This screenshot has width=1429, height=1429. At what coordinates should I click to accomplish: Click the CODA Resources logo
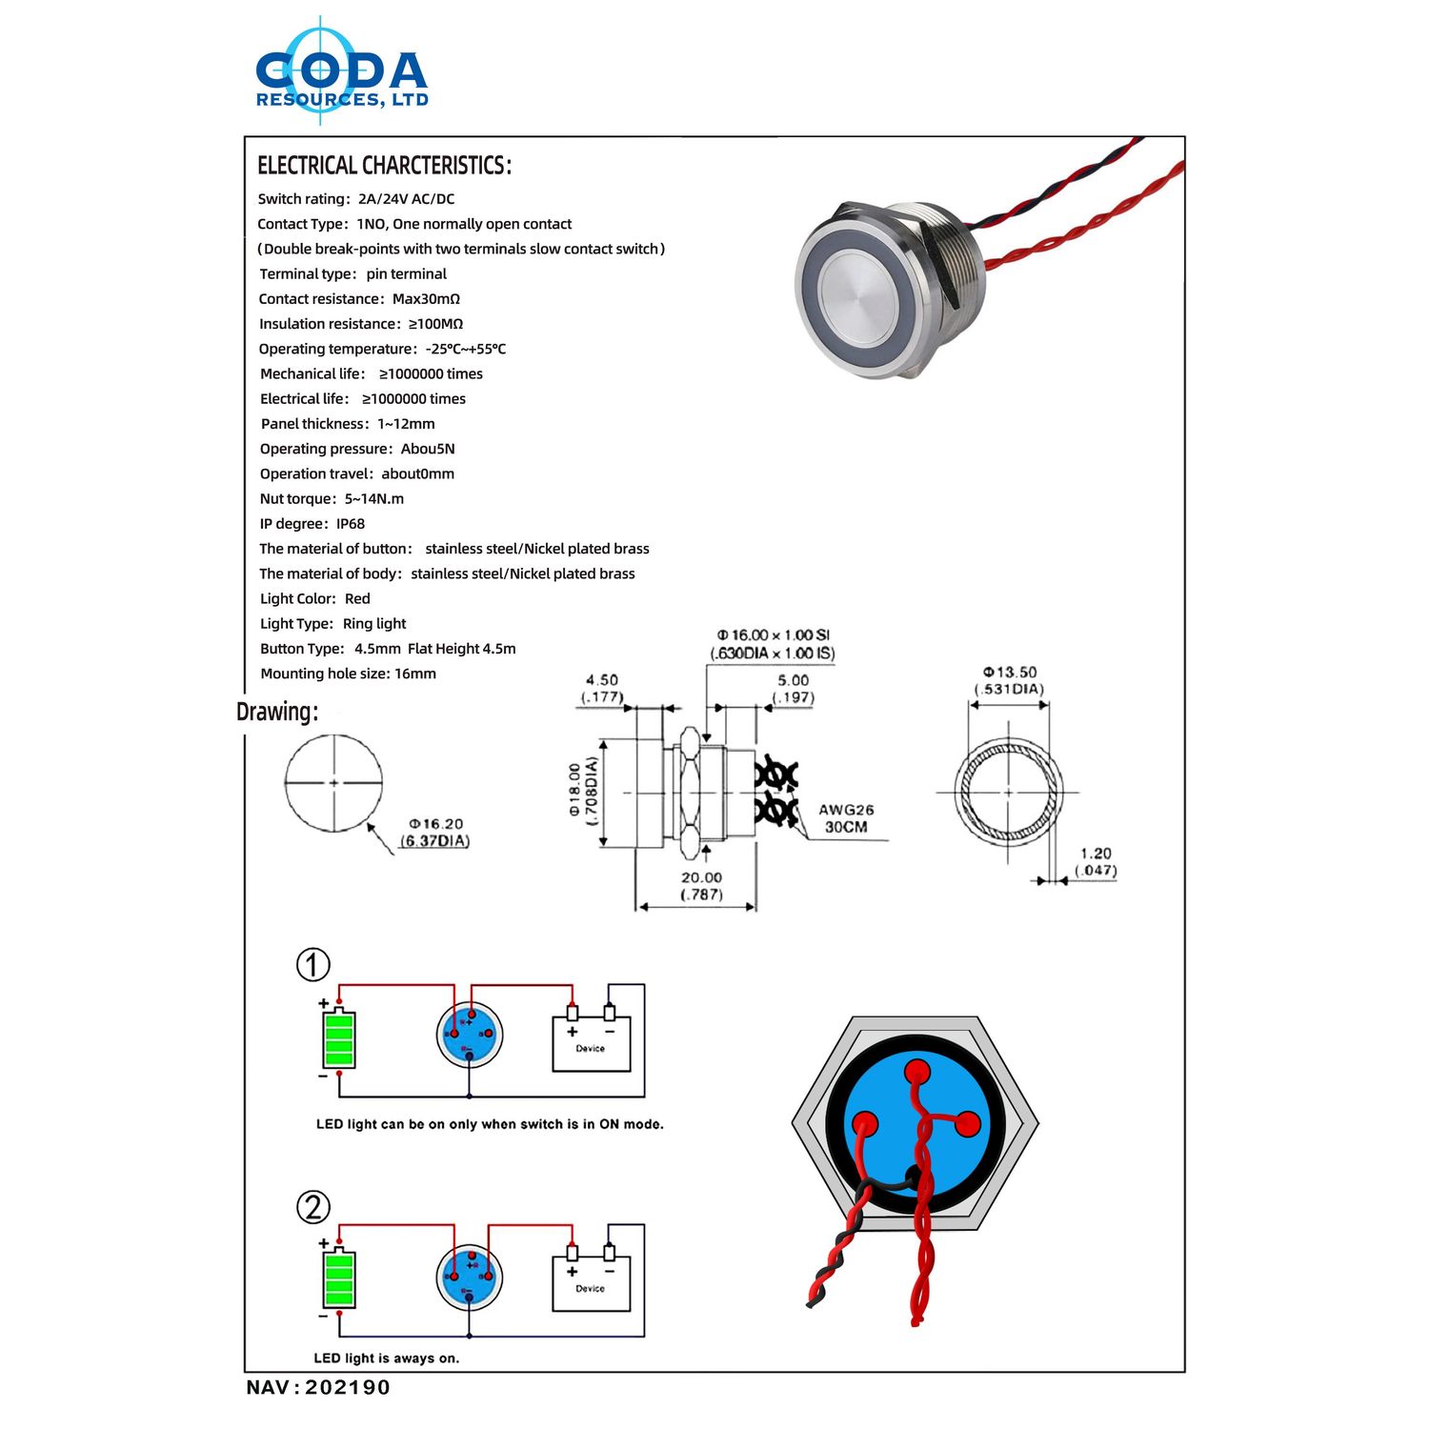tap(341, 74)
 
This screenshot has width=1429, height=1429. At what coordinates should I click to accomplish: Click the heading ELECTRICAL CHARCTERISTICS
tap(384, 166)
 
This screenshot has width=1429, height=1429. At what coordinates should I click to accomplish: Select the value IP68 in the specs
tap(351, 524)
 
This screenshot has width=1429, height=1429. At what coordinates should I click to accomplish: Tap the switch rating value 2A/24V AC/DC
tap(407, 199)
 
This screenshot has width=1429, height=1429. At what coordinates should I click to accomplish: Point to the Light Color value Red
tap(357, 599)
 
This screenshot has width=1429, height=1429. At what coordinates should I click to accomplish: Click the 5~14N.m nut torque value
tap(374, 499)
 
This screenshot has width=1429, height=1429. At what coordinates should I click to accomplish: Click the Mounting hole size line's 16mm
tap(415, 674)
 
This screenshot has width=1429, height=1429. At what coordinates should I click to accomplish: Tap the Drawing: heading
tap(277, 712)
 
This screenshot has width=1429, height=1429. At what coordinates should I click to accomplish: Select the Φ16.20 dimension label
tap(435, 832)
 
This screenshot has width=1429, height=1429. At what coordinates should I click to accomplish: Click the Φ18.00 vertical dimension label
tap(583, 791)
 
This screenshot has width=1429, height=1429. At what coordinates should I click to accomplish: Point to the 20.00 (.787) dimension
tap(701, 886)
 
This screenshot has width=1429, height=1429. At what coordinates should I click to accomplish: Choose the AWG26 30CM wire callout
tap(846, 818)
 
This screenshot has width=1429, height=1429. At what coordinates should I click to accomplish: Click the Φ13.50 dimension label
tap(1009, 680)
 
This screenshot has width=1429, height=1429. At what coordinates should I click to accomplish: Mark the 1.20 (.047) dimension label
tap(1096, 861)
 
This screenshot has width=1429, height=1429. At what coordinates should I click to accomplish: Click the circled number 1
tap(313, 965)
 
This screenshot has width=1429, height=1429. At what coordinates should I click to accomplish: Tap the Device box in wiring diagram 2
tap(591, 1283)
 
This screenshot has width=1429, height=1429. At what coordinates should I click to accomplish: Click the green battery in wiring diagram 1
tap(339, 1040)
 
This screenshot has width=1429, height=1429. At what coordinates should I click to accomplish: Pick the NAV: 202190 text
tap(318, 1387)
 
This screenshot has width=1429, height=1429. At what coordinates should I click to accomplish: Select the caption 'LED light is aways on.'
tap(387, 1359)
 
